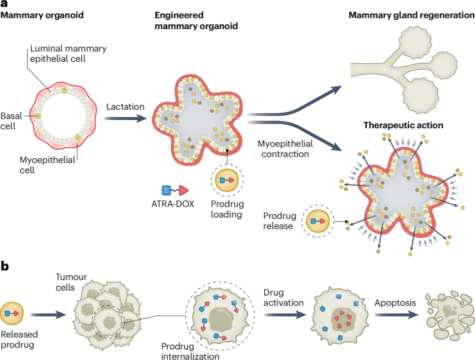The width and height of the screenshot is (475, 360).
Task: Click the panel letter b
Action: tap(5, 265)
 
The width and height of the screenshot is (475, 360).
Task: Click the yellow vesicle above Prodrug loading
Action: tap(227, 179)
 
